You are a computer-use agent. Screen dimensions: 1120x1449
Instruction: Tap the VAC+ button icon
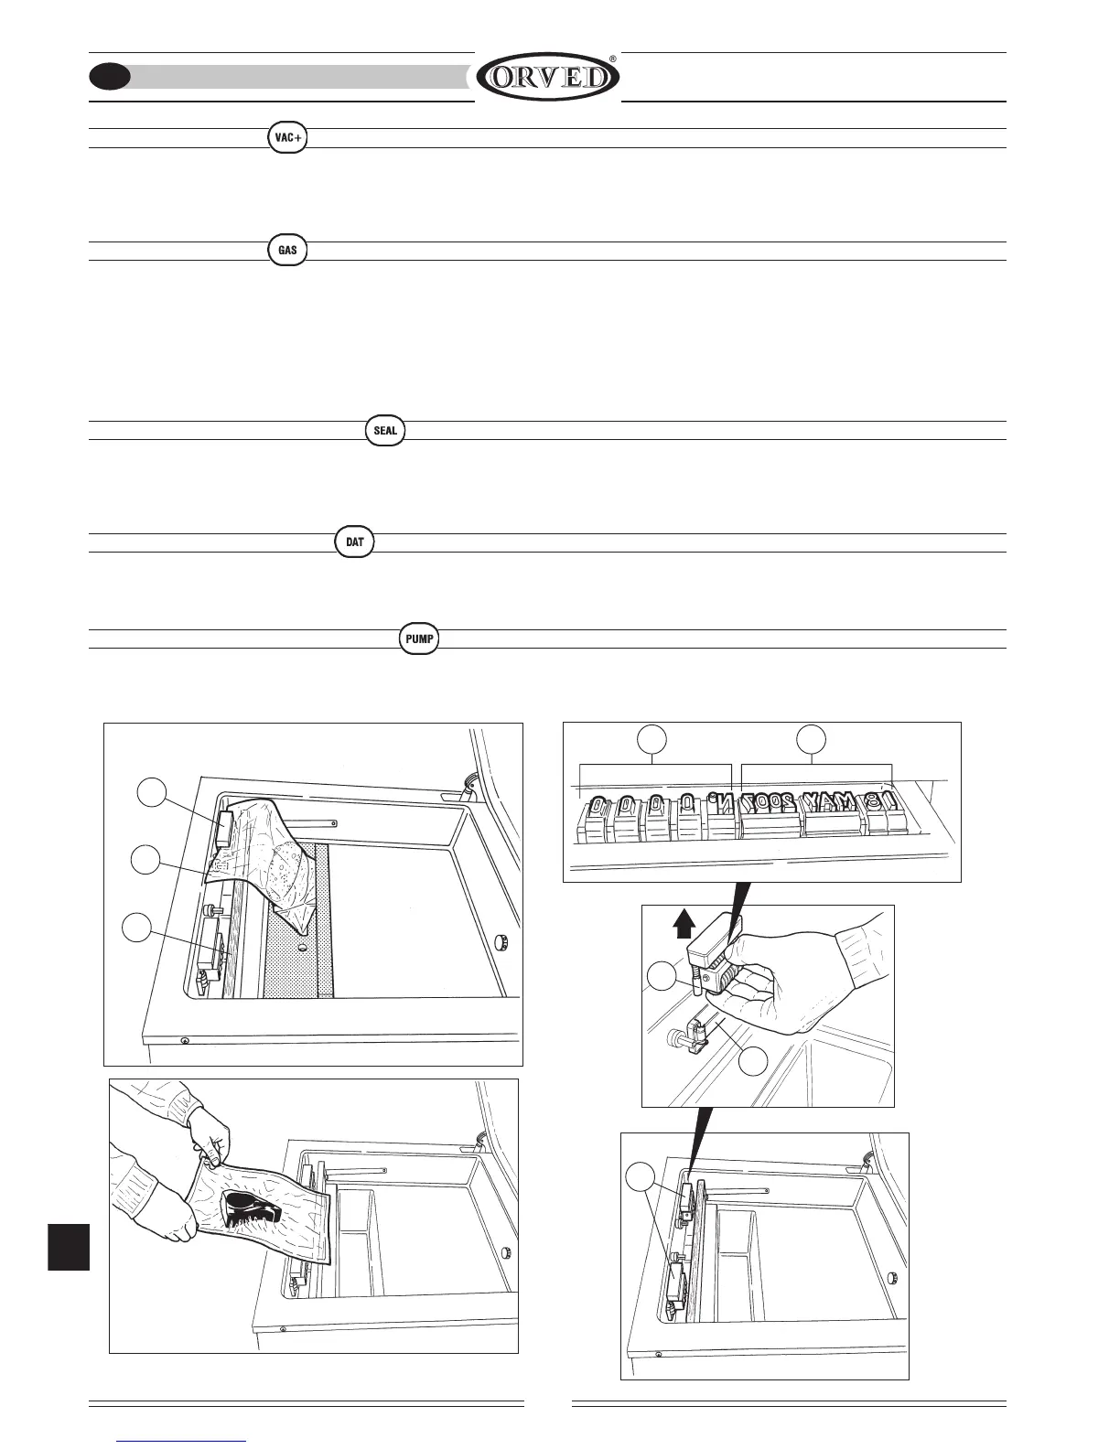tap(288, 138)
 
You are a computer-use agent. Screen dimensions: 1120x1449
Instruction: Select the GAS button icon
tap(287, 251)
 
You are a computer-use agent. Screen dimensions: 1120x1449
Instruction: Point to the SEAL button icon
tap(384, 431)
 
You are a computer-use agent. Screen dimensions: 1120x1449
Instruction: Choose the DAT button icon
tap(355, 542)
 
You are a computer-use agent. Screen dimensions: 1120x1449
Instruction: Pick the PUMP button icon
tap(420, 638)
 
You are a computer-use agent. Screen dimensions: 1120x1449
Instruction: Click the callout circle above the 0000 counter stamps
tap(652, 739)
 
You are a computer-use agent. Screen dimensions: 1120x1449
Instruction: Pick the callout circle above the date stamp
tap(810, 739)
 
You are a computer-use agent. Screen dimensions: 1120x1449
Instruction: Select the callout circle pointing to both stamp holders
tap(646, 1177)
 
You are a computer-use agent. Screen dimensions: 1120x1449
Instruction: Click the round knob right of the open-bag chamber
tap(501, 941)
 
